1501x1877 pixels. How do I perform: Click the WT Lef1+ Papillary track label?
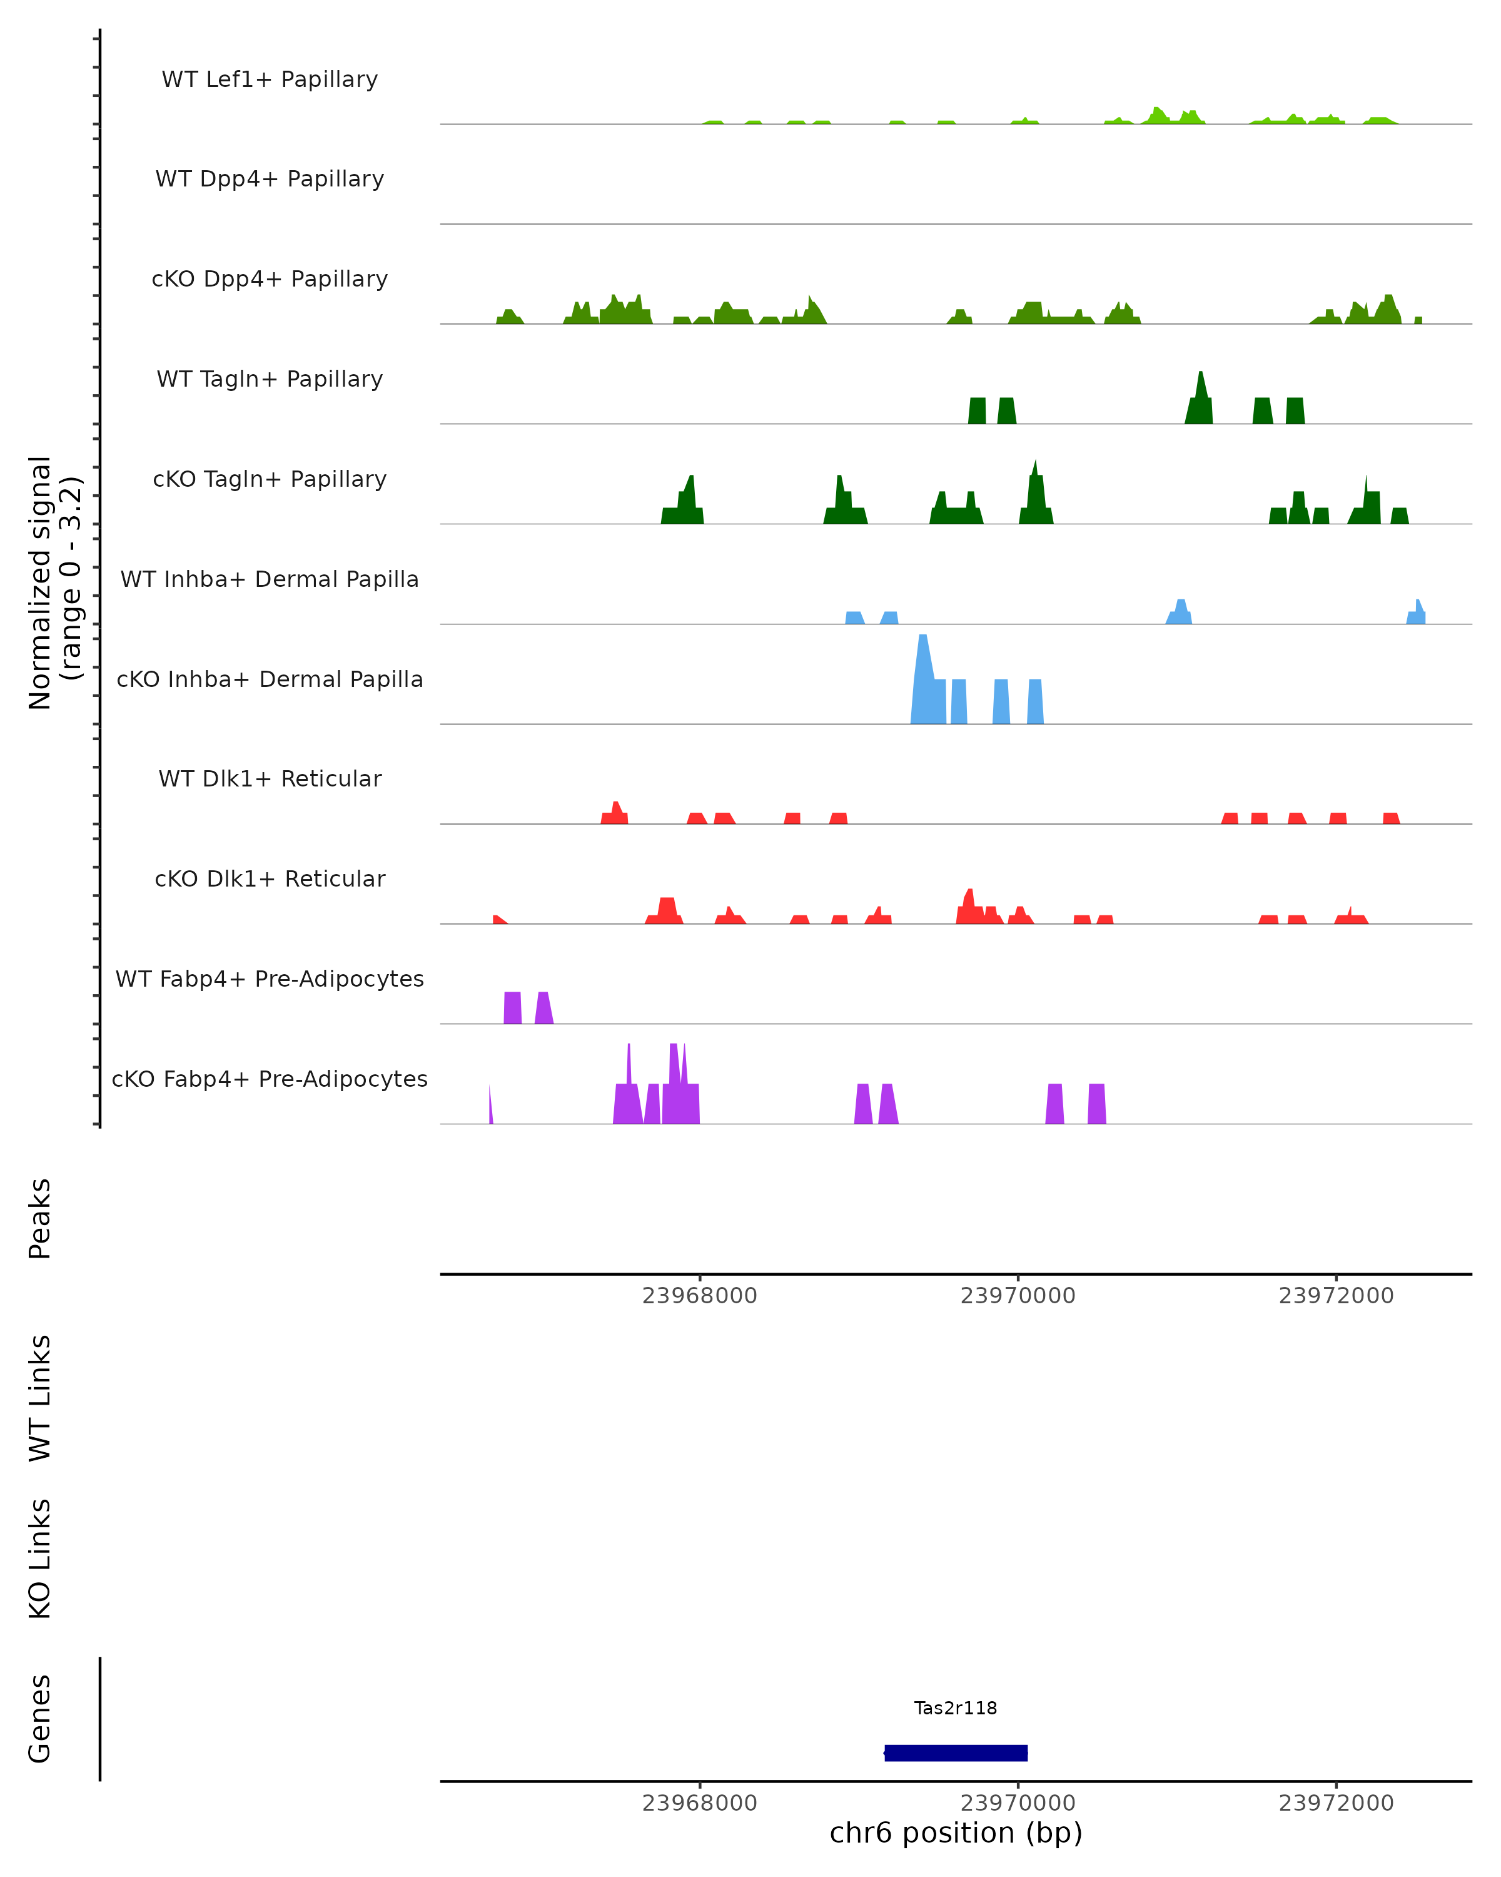click(x=270, y=79)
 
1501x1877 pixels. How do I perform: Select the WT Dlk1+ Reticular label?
click(x=270, y=778)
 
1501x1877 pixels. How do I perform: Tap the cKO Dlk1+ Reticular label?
click(x=270, y=878)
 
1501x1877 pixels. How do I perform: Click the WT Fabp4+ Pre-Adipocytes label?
click(x=270, y=979)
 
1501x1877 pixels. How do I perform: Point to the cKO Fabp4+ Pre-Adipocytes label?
click(x=270, y=1079)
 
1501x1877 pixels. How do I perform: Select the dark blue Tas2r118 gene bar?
click(x=956, y=1752)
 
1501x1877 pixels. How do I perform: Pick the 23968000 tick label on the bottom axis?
click(x=700, y=1803)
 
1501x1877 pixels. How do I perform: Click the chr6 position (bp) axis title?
click(x=956, y=1833)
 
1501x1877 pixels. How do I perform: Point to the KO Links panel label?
click(x=40, y=1559)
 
